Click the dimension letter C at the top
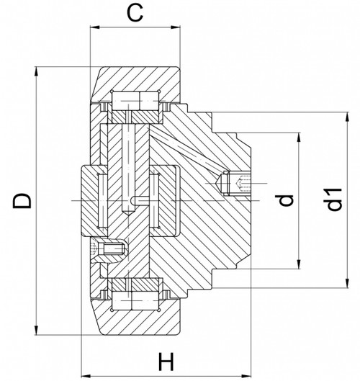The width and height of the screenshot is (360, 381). pyautogui.click(x=133, y=12)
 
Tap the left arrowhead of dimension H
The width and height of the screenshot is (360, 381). pyautogui.click(x=83, y=375)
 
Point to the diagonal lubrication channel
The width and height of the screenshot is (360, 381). pyautogui.click(x=184, y=152)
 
